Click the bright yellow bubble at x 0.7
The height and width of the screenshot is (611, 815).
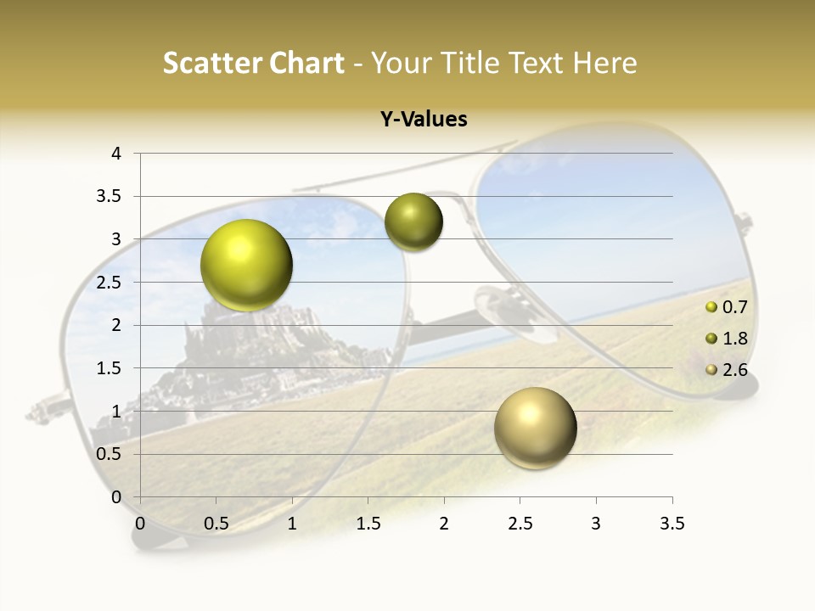[x=247, y=265]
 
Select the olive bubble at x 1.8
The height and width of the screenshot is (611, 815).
[x=413, y=221]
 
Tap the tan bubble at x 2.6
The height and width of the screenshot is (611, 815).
[x=535, y=428]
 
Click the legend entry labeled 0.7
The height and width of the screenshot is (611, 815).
[x=734, y=307]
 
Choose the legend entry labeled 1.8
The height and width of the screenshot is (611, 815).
[x=734, y=339]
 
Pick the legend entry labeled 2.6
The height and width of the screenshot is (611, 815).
[x=734, y=370]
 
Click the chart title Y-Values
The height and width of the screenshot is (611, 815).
[x=424, y=120]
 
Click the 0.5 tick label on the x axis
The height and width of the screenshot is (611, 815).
[x=216, y=524]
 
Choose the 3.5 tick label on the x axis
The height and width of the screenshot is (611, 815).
[x=672, y=524]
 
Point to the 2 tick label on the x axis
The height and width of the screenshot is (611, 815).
[x=444, y=524]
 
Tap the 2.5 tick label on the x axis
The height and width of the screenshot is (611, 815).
[x=520, y=524]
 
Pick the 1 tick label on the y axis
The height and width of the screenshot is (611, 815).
[x=116, y=412]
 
